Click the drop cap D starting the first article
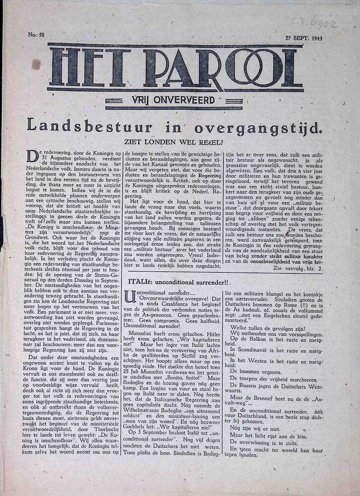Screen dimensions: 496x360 32,157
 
